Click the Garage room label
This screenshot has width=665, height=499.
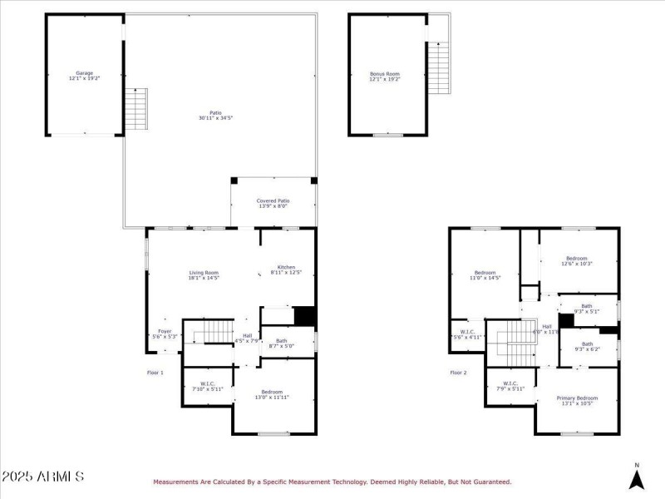(x=84, y=76)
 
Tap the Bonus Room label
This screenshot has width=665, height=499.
(x=384, y=76)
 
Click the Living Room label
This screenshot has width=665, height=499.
(x=203, y=275)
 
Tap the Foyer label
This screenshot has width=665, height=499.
(x=165, y=333)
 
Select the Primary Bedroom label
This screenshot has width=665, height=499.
(x=577, y=401)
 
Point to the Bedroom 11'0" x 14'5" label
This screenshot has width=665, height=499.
(x=485, y=275)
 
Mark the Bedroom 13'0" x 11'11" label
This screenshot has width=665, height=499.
(x=271, y=394)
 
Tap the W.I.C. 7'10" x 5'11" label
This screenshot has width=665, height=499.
(x=207, y=387)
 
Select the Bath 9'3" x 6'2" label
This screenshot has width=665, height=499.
(x=587, y=346)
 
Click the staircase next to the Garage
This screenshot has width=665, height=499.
(x=135, y=109)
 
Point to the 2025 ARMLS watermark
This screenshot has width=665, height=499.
(x=42, y=477)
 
